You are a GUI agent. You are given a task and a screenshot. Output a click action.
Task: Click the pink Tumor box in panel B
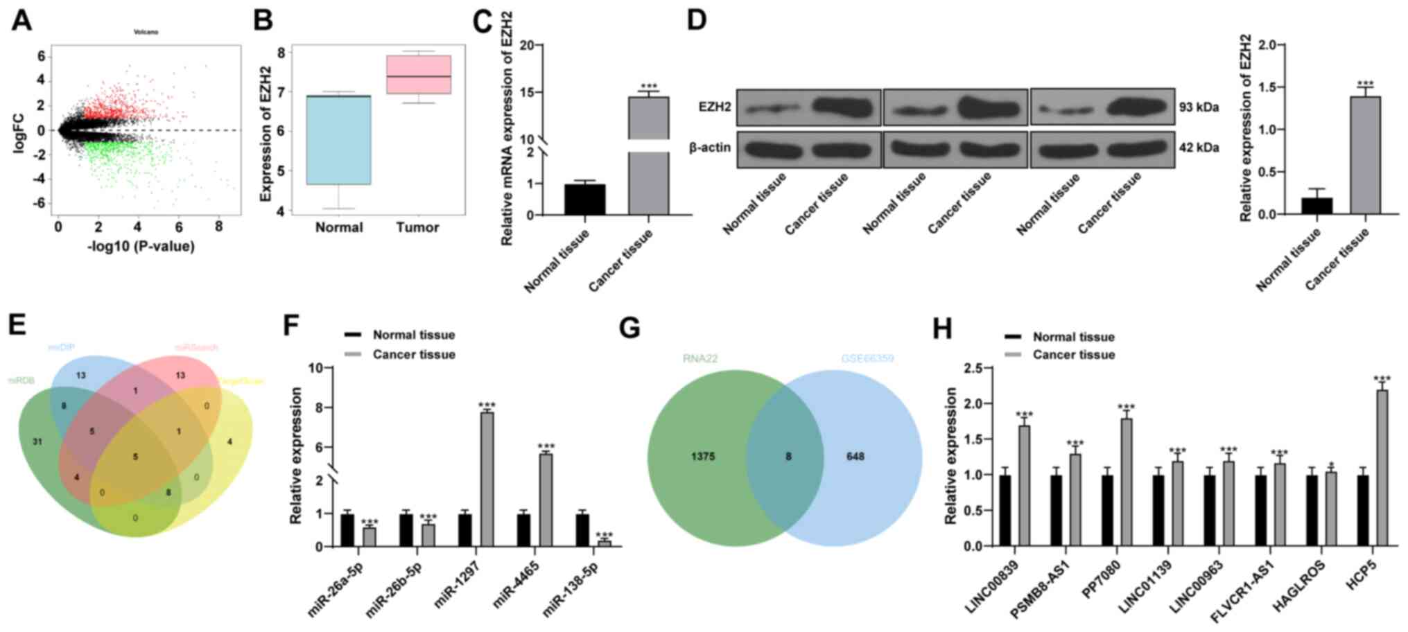tap(419, 74)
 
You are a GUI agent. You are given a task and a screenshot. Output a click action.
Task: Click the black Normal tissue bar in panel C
tap(584, 200)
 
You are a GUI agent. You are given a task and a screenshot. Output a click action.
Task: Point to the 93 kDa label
tap(1199, 107)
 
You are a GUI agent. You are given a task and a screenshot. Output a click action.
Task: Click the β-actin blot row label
tap(709, 148)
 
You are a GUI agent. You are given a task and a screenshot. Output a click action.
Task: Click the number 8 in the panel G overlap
tap(788, 457)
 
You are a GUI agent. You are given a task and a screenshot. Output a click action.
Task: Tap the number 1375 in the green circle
tap(702, 457)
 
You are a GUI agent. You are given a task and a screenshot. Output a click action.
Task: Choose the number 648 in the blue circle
tap(855, 457)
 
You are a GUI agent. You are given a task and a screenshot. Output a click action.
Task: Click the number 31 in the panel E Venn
tap(37, 441)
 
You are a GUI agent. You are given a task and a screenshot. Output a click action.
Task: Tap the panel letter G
tap(629, 328)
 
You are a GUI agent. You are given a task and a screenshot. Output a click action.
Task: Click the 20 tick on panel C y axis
tap(526, 46)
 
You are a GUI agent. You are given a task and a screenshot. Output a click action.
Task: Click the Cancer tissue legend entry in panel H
tap(1073, 355)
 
